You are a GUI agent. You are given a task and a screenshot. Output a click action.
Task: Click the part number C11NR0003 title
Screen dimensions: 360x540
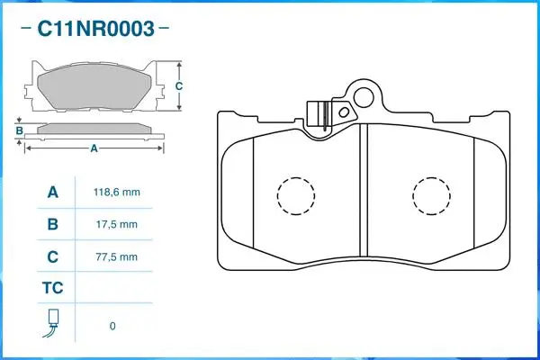94,29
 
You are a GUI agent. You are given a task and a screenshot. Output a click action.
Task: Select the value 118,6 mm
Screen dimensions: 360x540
116,193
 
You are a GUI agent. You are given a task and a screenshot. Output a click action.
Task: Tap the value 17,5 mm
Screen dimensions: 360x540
116,224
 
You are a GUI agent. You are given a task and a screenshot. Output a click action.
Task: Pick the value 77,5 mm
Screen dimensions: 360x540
116,256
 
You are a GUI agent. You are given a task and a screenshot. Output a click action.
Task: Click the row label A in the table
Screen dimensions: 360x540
52,193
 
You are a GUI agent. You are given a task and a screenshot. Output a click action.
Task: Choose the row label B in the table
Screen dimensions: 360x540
52,224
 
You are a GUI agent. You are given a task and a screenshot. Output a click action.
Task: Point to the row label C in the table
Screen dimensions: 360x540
52,256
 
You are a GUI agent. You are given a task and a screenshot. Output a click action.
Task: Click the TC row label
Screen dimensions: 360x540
52,289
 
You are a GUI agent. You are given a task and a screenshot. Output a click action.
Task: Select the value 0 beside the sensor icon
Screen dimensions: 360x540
112,326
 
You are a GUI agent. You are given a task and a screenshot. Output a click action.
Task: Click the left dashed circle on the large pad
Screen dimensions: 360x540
296,193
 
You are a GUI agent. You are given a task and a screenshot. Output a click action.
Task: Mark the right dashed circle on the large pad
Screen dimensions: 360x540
431,193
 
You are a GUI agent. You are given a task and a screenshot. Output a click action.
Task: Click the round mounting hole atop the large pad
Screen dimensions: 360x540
364,94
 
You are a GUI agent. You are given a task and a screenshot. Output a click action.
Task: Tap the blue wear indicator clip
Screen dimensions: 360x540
317,114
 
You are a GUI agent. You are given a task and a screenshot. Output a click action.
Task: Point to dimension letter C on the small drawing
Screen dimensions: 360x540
179,86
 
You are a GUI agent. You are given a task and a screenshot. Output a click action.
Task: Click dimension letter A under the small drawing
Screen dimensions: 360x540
94,149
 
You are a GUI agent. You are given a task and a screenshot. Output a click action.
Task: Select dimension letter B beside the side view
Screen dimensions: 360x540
19,131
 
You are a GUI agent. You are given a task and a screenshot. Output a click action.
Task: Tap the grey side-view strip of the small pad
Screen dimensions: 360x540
94,129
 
